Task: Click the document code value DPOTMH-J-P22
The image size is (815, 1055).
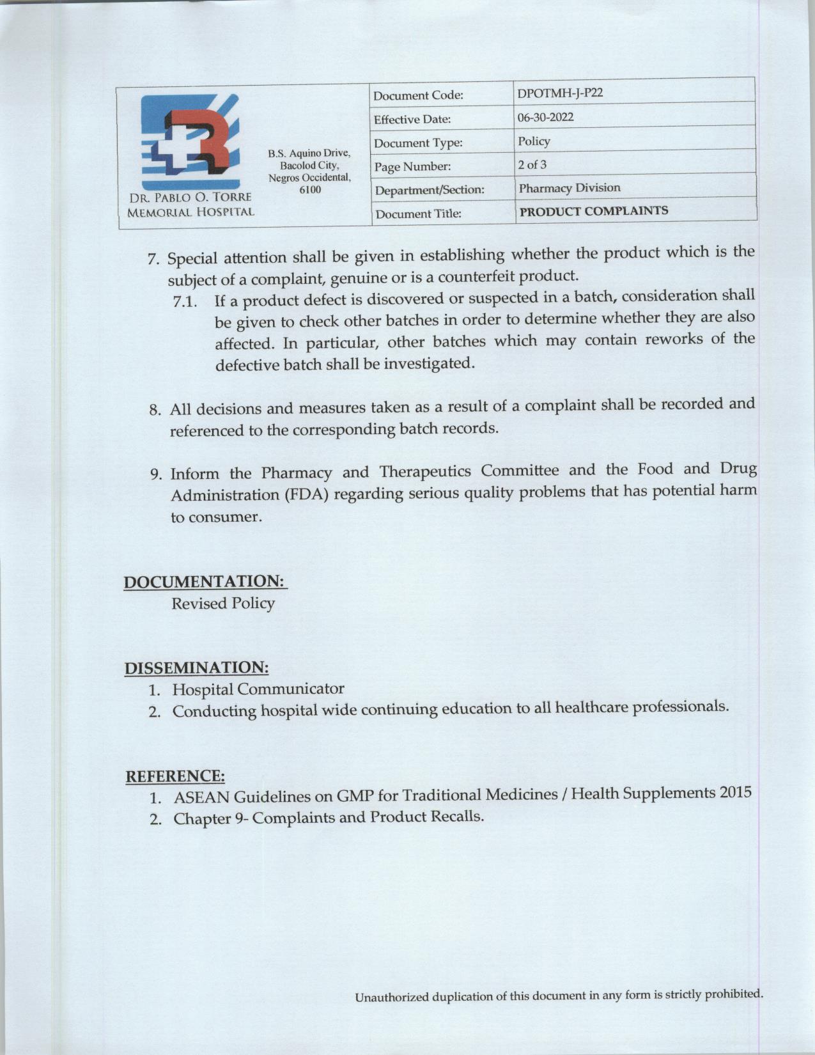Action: [x=560, y=93]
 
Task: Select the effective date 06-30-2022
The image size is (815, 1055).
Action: [x=545, y=117]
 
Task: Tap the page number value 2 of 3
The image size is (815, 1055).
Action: [x=532, y=164]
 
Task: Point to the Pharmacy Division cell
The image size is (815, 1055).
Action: [x=569, y=188]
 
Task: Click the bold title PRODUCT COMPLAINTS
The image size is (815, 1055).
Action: [x=593, y=211]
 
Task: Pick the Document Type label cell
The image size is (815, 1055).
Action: [x=417, y=143]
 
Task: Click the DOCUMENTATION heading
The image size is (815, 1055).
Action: [x=204, y=582]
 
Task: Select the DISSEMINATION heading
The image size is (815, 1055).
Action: [x=196, y=668]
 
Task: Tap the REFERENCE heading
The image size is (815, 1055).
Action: [x=175, y=776]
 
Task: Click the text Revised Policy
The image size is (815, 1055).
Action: [x=222, y=604]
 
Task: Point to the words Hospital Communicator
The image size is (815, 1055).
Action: [x=258, y=689]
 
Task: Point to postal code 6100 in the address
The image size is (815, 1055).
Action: [x=310, y=190]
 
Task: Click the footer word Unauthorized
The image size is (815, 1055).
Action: [x=392, y=997]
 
